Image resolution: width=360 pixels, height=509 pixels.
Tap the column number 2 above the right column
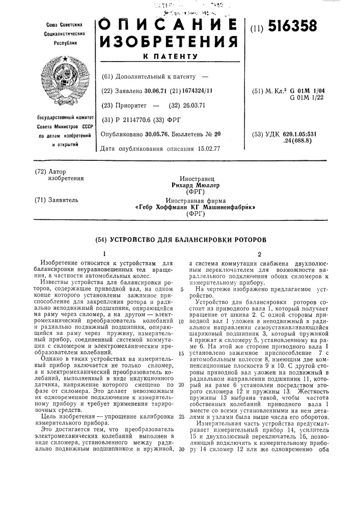point(260,253)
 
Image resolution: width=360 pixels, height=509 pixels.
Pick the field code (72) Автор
point(51,172)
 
